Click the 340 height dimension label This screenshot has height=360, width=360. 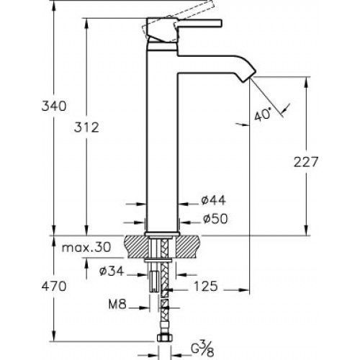pos(54,106)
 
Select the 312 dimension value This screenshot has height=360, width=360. pos(86,127)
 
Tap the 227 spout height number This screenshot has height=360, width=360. pos(306,162)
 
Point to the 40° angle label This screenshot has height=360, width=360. pos(262,114)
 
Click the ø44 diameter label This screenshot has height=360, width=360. pos(213,200)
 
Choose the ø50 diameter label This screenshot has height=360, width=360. pos(215,219)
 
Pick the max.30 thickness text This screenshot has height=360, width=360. pos(86,247)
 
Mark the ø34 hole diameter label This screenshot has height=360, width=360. pos(112,271)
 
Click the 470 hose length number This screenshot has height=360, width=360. pos(54,287)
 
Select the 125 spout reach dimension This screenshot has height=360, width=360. pos(206,287)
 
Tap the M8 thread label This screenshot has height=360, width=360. pos(117,305)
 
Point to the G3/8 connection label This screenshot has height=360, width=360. pos(202,351)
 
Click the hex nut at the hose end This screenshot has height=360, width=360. pos(164,338)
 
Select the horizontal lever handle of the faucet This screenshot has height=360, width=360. pos(199,23)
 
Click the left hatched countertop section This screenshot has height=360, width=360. pos(136,247)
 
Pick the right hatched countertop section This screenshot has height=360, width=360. pos(189,247)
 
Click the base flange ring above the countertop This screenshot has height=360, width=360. pos(162,234)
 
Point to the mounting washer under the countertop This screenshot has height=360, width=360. pos(158,260)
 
